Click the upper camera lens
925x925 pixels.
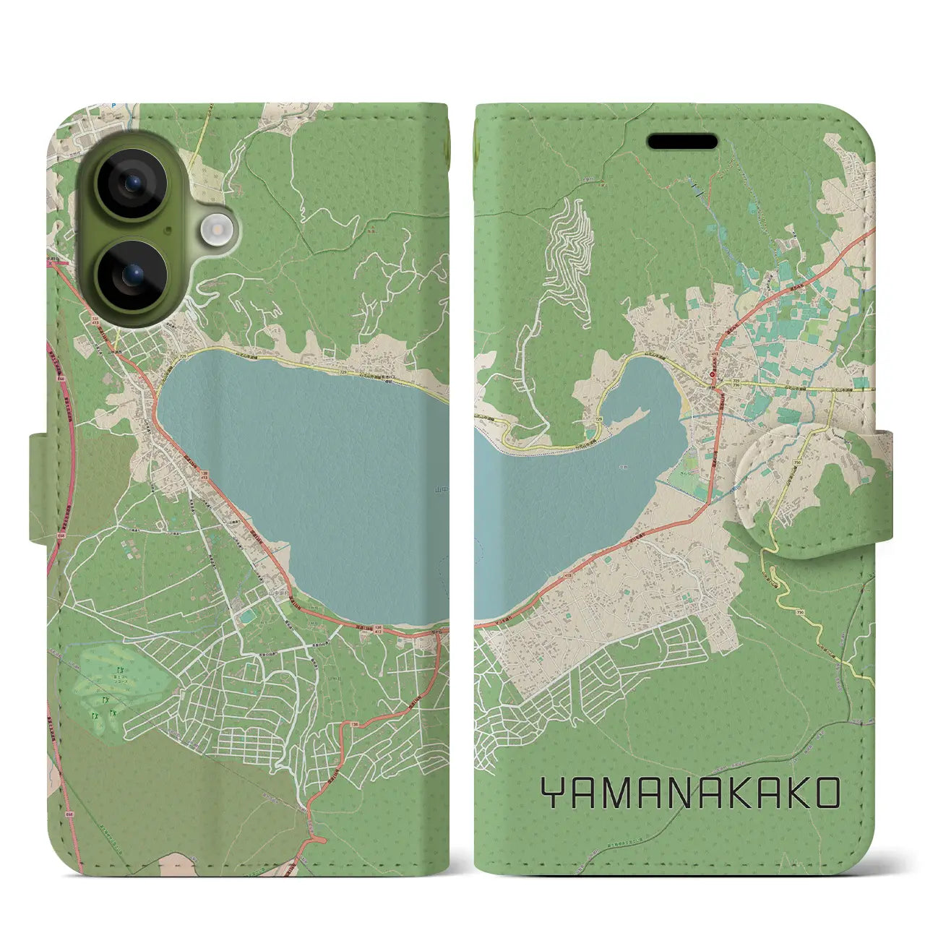click(x=131, y=184)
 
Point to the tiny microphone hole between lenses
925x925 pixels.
click(x=167, y=230)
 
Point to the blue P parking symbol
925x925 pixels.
click(x=113, y=106)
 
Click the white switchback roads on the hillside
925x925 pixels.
click(x=571, y=246)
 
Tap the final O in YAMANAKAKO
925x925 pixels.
click(x=826, y=793)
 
